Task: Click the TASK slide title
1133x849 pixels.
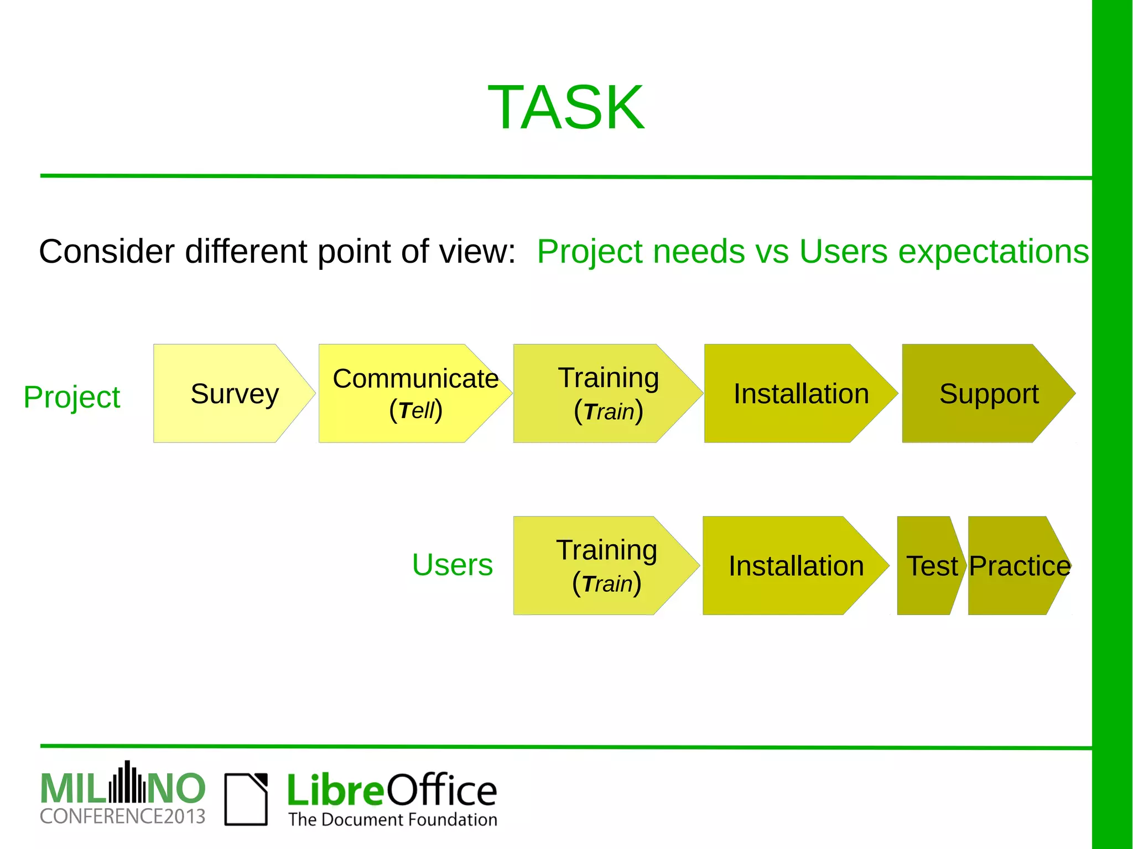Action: pos(566,107)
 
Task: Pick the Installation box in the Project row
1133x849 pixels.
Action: pos(800,394)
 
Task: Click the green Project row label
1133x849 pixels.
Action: pos(71,397)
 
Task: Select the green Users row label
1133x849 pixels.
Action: pos(452,565)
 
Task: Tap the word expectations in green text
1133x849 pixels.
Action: pos(993,252)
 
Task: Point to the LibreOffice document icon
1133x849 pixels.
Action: pos(246,799)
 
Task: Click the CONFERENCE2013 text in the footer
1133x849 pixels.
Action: pos(122,816)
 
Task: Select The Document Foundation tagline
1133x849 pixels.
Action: pos(392,819)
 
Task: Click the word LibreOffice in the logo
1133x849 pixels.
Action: pos(392,790)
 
